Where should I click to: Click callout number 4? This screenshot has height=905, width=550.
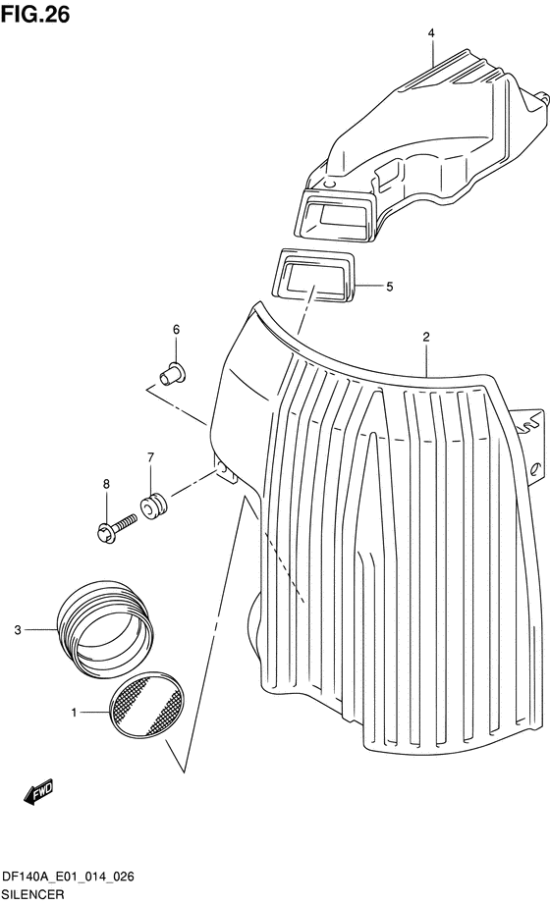click(431, 34)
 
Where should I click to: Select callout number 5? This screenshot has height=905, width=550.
click(389, 287)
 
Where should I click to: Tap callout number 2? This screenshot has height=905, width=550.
click(426, 338)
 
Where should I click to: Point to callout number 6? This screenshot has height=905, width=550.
click(176, 330)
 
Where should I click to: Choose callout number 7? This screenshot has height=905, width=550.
click(150, 457)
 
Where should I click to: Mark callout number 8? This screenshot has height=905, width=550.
click(106, 484)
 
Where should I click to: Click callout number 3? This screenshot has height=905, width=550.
click(18, 630)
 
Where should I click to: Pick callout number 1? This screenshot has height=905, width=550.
click(74, 713)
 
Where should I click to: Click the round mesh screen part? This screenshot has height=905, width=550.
click(146, 704)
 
